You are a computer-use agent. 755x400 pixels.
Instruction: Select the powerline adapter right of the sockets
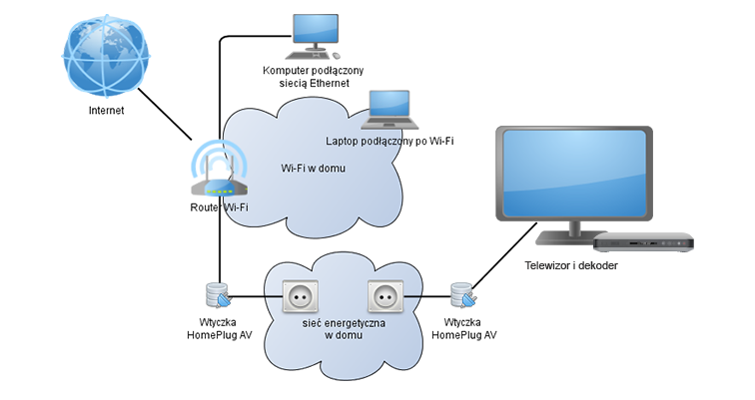click(x=463, y=295)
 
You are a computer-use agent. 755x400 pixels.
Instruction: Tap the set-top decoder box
click(x=642, y=240)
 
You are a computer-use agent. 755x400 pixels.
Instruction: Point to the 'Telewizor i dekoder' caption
click(x=573, y=265)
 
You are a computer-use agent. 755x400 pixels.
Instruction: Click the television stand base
click(x=560, y=242)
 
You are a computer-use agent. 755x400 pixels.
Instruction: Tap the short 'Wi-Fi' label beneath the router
click(x=236, y=207)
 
